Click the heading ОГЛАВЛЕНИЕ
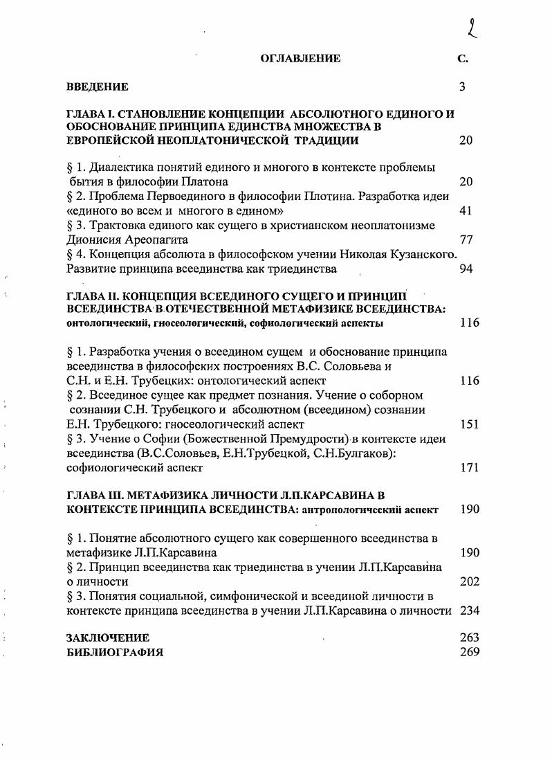(300, 58)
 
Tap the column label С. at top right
(463, 58)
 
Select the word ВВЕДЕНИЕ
(97, 87)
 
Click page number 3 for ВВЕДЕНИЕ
(463, 87)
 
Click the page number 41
(465, 210)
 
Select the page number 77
(465, 239)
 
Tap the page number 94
(466, 269)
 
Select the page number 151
(469, 424)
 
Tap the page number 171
(469, 468)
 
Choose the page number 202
(469, 581)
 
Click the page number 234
(469, 610)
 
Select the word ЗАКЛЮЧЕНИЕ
(107, 637)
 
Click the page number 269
(469, 652)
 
